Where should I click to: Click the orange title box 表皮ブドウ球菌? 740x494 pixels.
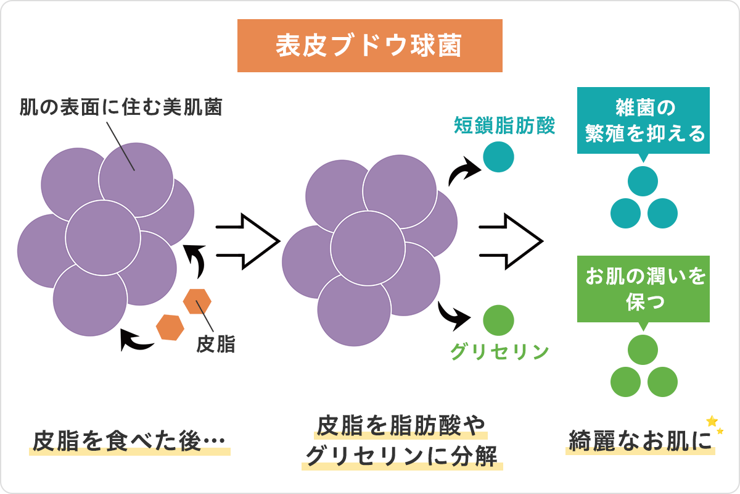370,46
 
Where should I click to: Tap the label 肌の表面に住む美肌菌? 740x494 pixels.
121,108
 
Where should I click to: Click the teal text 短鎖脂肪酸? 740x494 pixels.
505,126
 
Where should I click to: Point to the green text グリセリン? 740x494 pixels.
499,351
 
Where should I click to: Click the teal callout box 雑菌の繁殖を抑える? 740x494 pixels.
643,121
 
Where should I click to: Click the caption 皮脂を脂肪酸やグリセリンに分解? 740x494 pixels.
401,442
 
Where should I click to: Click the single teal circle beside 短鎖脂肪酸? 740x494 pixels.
498,157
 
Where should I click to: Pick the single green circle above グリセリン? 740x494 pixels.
498,320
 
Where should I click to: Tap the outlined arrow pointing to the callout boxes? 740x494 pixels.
511,241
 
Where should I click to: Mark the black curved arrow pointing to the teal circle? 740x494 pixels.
462,173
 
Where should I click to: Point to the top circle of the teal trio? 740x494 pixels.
643,181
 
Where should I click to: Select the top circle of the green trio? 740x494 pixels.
643,350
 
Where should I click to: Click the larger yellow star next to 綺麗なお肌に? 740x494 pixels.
712,421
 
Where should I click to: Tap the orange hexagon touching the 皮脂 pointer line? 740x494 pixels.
197,301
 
